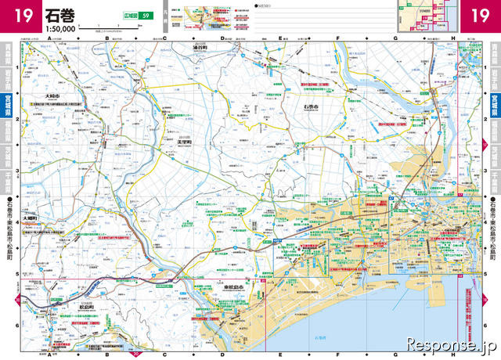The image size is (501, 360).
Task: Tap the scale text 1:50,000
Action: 61,27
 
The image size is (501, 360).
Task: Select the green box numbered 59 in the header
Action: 142,16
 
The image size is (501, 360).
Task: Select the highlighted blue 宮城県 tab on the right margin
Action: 492,101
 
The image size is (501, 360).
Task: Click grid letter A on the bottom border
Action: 49,354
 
